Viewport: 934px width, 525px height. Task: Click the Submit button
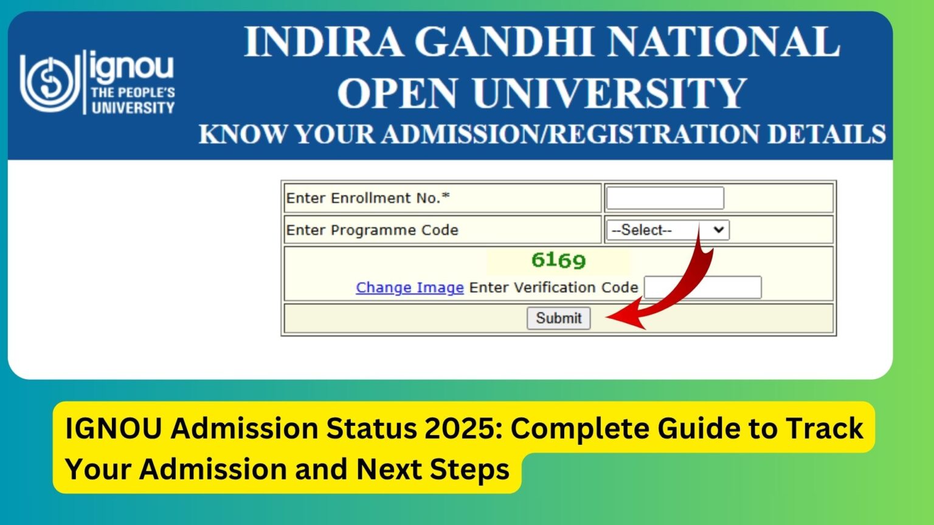pos(558,318)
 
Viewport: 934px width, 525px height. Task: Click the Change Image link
pos(409,287)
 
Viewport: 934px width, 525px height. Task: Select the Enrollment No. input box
pos(665,198)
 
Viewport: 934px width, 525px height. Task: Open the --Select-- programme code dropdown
pos(667,230)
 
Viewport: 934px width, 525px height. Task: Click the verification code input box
pos(702,287)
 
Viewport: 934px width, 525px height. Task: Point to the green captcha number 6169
pos(558,261)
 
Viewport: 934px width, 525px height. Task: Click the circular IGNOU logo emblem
pos(49,83)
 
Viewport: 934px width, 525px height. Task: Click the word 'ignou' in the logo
pos(132,67)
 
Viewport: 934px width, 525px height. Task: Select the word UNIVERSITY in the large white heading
pos(609,94)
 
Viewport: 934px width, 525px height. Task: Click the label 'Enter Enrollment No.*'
pos(368,198)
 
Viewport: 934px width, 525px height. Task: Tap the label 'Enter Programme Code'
pos(372,230)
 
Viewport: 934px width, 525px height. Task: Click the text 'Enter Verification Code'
pos(553,287)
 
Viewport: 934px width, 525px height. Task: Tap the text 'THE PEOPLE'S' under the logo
pos(133,93)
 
